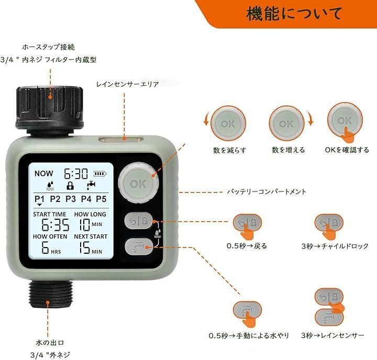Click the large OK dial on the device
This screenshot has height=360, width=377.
138,183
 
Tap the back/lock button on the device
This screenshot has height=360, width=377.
138,220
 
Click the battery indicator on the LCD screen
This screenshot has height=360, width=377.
100,173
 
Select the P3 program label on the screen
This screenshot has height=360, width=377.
71,199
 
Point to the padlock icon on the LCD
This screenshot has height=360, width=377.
70,186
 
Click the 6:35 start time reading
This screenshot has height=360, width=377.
56,224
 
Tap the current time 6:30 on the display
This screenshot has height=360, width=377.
76,173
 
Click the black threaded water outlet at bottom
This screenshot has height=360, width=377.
50,294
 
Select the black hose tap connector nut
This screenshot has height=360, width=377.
50,107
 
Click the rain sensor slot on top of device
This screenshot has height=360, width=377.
121,139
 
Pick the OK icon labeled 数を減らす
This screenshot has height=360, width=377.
228,123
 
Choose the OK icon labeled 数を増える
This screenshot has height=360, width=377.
286,123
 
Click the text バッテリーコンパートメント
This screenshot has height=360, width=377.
267,192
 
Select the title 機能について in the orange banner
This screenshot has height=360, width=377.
294,13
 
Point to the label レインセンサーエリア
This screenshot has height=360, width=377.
127,84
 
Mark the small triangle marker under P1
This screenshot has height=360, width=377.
40,205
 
